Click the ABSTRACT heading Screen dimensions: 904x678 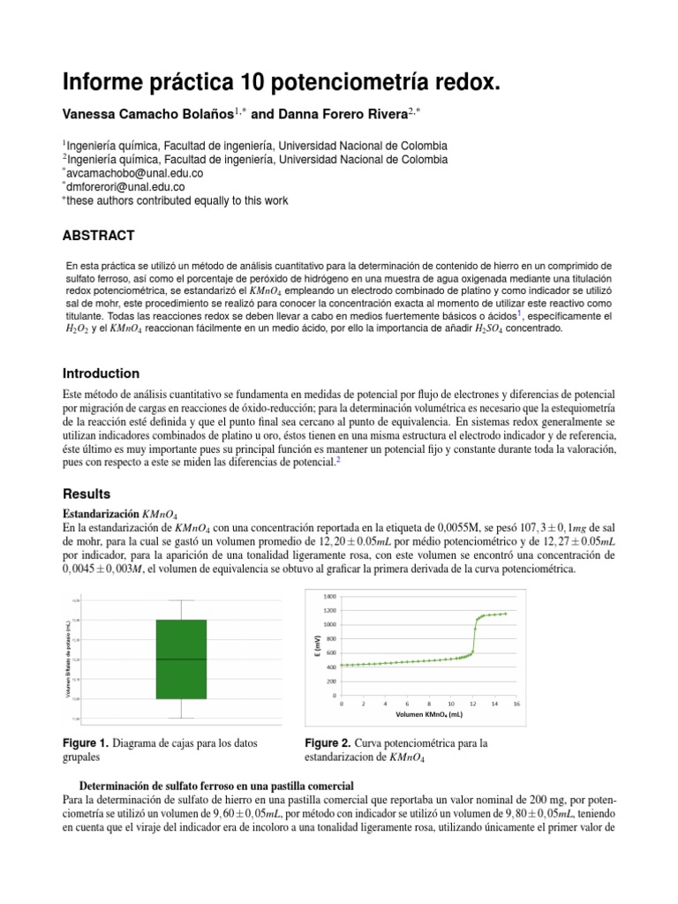[98, 235]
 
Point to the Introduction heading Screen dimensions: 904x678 [101, 373]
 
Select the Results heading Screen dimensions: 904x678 [87, 493]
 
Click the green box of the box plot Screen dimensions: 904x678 [181, 659]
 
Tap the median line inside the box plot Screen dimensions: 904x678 [181, 659]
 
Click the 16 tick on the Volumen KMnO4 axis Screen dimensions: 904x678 [517, 704]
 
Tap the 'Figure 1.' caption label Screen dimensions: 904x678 [86, 742]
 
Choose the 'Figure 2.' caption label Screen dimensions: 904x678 [329, 742]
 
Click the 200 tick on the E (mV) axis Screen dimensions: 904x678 [329, 682]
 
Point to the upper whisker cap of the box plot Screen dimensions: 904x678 [181, 600]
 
